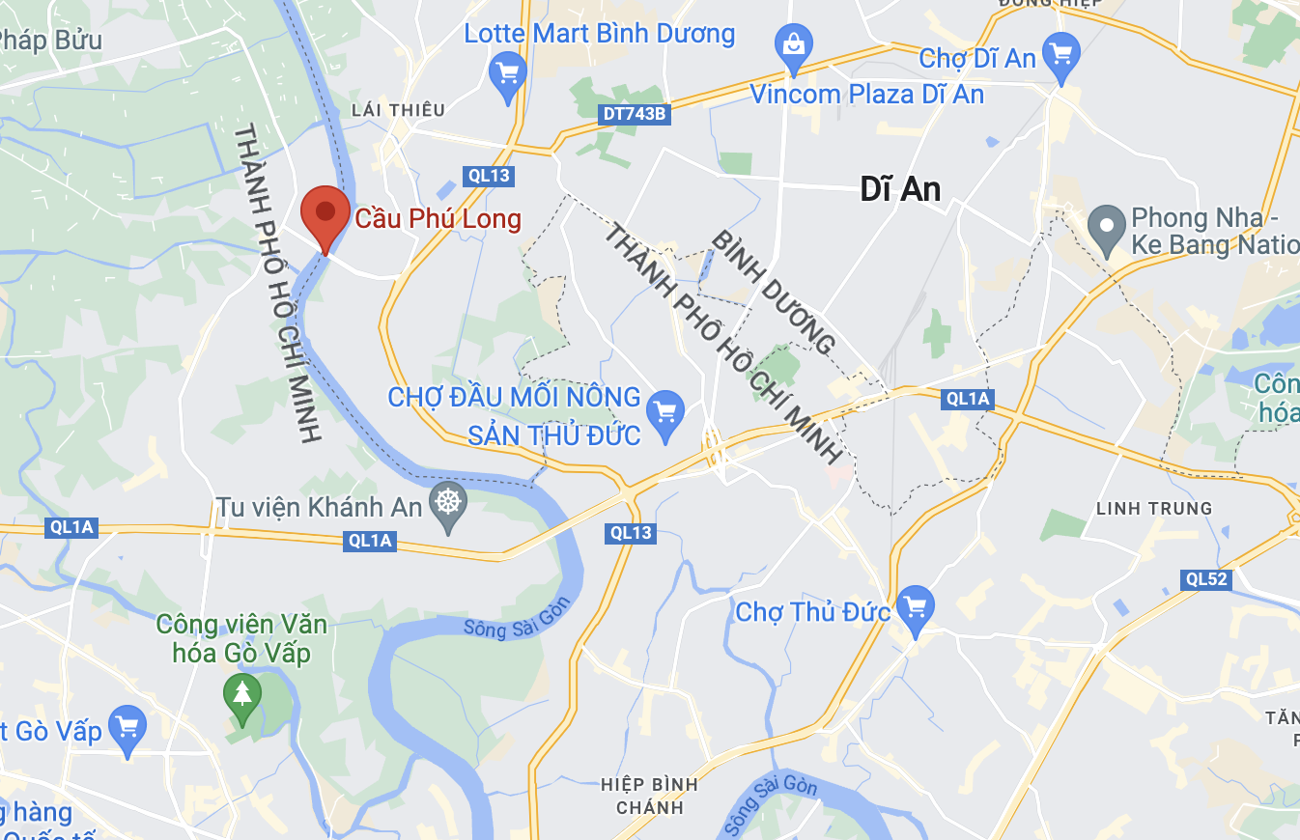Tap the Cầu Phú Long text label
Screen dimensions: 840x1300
point(438,219)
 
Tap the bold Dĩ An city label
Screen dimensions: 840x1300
point(900,189)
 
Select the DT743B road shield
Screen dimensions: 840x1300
point(634,114)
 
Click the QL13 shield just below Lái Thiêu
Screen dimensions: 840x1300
point(487,176)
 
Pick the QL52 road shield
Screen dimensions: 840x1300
point(1205,579)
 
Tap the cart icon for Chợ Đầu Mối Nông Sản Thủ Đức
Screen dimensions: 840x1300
point(664,412)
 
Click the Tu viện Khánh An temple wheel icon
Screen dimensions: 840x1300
point(448,503)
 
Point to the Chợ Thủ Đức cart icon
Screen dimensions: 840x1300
point(915,608)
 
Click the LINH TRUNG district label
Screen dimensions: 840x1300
point(1154,508)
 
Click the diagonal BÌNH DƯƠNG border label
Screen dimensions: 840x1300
point(774,293)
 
